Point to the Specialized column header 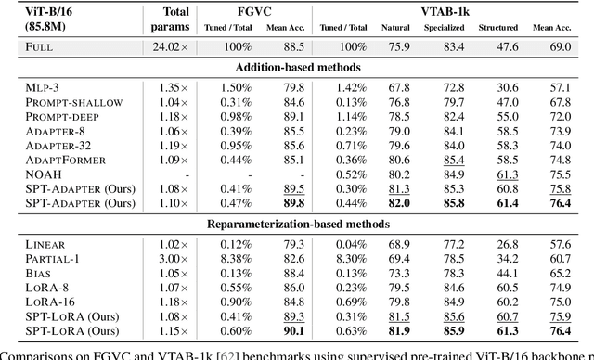448,28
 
